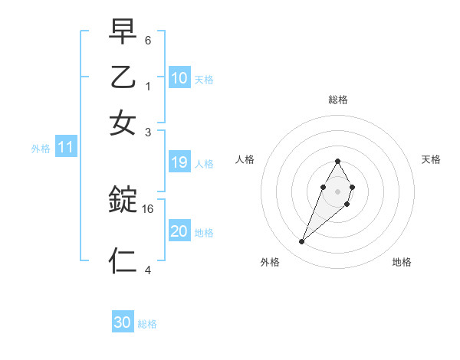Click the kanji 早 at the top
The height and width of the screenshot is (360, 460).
click(123, 32)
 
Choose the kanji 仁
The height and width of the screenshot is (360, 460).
click(123, 260)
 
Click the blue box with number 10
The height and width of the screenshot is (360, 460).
click(179, 78)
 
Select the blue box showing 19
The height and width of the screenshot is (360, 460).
click(179, 162)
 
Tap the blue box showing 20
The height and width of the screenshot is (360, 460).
click(179, 231)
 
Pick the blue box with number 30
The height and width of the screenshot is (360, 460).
click(123, 322)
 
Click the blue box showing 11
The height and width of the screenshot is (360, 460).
click(65, 147)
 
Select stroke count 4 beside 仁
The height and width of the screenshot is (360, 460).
click(148, 270)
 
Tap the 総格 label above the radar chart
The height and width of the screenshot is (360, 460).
click(337, 100)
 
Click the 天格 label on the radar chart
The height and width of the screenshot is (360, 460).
click(431, 159)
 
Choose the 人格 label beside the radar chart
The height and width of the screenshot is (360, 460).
click(245, 159)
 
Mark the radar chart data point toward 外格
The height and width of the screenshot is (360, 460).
click(302, 242)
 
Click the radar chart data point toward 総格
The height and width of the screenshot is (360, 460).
click(337, 161)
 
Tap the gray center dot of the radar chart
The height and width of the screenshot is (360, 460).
click(337, 190)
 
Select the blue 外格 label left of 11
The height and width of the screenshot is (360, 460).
click(41, 149)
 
